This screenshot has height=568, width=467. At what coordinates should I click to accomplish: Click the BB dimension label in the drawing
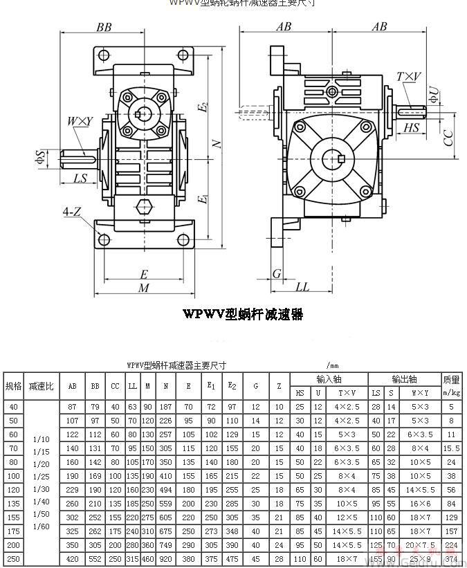(104, 28)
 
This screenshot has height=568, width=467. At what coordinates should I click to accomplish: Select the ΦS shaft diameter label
(42, 157)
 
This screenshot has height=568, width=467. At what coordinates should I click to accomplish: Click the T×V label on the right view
(408, 77)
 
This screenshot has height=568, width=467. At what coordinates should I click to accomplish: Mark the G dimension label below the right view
(277, 273)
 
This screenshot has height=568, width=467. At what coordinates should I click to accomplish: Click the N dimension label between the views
(217, 143)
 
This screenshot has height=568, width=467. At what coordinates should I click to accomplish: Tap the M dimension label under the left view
(143, 288)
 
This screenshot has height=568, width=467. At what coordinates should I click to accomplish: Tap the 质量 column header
(451, 380)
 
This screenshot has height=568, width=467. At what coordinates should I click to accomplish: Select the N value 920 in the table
(166, 558)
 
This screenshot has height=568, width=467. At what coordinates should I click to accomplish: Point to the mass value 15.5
(451, 448)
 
